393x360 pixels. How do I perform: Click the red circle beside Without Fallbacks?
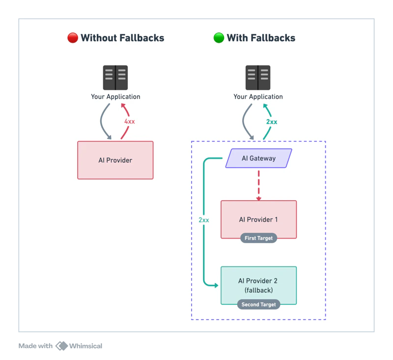pos(73,38)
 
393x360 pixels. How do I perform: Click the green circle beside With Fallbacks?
pos(219,38)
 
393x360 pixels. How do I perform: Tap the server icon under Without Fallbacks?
pos(115,78)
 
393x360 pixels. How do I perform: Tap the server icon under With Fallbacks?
pos(258,78)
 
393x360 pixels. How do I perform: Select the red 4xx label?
pos(130,121)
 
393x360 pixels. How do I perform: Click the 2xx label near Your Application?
pos(272,121)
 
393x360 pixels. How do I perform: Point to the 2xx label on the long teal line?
pos(204,220)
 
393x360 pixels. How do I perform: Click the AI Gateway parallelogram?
pos(258,158)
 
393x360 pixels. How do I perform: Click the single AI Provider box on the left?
pos(115,160)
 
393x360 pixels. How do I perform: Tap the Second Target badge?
pos(258,304)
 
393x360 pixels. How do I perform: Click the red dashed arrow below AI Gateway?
pos(258,184)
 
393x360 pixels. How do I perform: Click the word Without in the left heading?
pos(97,38)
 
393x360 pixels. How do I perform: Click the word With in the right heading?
pos(238,38)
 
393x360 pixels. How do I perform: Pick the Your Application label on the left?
pos(115,97)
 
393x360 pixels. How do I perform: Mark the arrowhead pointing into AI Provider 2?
pos(216,285)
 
